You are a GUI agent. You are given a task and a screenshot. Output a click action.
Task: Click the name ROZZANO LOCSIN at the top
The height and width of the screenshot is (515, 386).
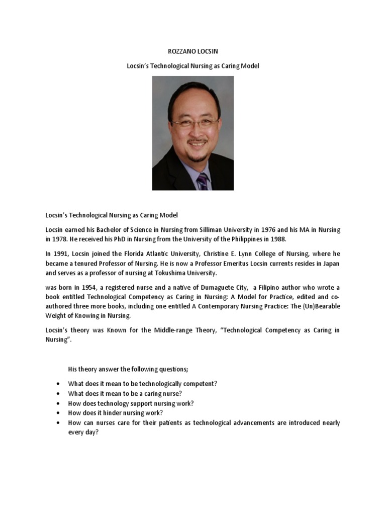(192, 51)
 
